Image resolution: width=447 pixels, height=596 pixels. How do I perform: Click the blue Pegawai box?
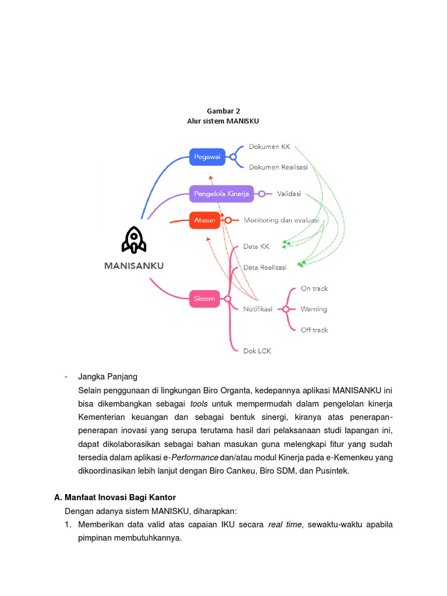point(207,157)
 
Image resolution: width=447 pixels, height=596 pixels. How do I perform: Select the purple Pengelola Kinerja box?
point(221,194)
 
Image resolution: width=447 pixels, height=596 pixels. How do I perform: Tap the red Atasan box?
point(205,220)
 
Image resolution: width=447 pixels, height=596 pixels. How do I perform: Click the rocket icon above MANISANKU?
point(134,240)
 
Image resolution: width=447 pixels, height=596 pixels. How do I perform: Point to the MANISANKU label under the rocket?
point(134,265)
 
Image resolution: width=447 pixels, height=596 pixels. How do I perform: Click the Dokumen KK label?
point(269,147)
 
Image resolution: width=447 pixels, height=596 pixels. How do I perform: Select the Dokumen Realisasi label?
point(278,167)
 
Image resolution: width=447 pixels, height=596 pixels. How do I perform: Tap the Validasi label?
point(289,194)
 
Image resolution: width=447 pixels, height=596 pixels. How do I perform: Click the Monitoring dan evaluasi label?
point(282,220)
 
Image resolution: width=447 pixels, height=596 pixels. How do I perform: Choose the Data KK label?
point(256,247)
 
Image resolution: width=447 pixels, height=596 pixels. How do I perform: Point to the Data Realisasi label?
point(265,267)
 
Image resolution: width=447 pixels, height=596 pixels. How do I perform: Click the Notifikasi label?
point(258,309)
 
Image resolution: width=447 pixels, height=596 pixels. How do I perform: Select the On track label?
point(314,288)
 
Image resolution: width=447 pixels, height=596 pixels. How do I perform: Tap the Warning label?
point(314,309)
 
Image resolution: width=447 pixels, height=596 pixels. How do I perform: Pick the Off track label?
point(314,330)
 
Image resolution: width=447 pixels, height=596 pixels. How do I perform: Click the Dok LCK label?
point(257,351)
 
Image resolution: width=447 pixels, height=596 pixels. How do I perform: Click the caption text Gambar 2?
point(223,111)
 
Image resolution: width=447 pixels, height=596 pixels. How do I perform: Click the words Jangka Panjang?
point(108,377)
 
